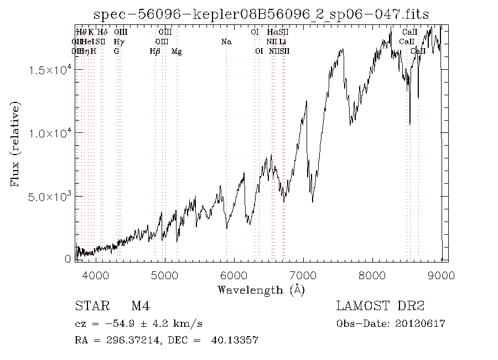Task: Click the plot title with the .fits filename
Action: point(261,14)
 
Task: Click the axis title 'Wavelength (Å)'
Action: point(261,289)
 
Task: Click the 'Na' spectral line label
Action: point(226,42)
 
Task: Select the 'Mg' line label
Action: point(177,52)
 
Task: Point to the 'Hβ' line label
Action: point(155,52)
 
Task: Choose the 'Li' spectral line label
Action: point(283,42)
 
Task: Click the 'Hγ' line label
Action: point(118,42)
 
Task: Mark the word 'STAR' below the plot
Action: point(89,306)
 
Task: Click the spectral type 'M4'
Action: point(138,306)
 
